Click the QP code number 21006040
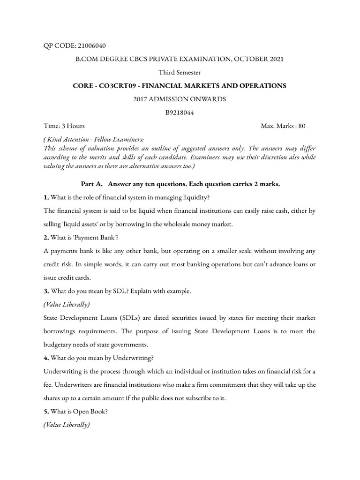coord(89,46)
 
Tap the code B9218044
coord(180,113)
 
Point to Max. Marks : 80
coord(283,126)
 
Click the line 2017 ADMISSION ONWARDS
coord(180,99)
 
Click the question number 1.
coord(46,198)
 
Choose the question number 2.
coord(46,238)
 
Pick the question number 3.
coord(46,291)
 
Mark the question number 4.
coord(46,358)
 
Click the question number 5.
coord(46,412)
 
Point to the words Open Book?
coord(90,412)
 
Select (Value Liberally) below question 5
coord(67,425)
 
